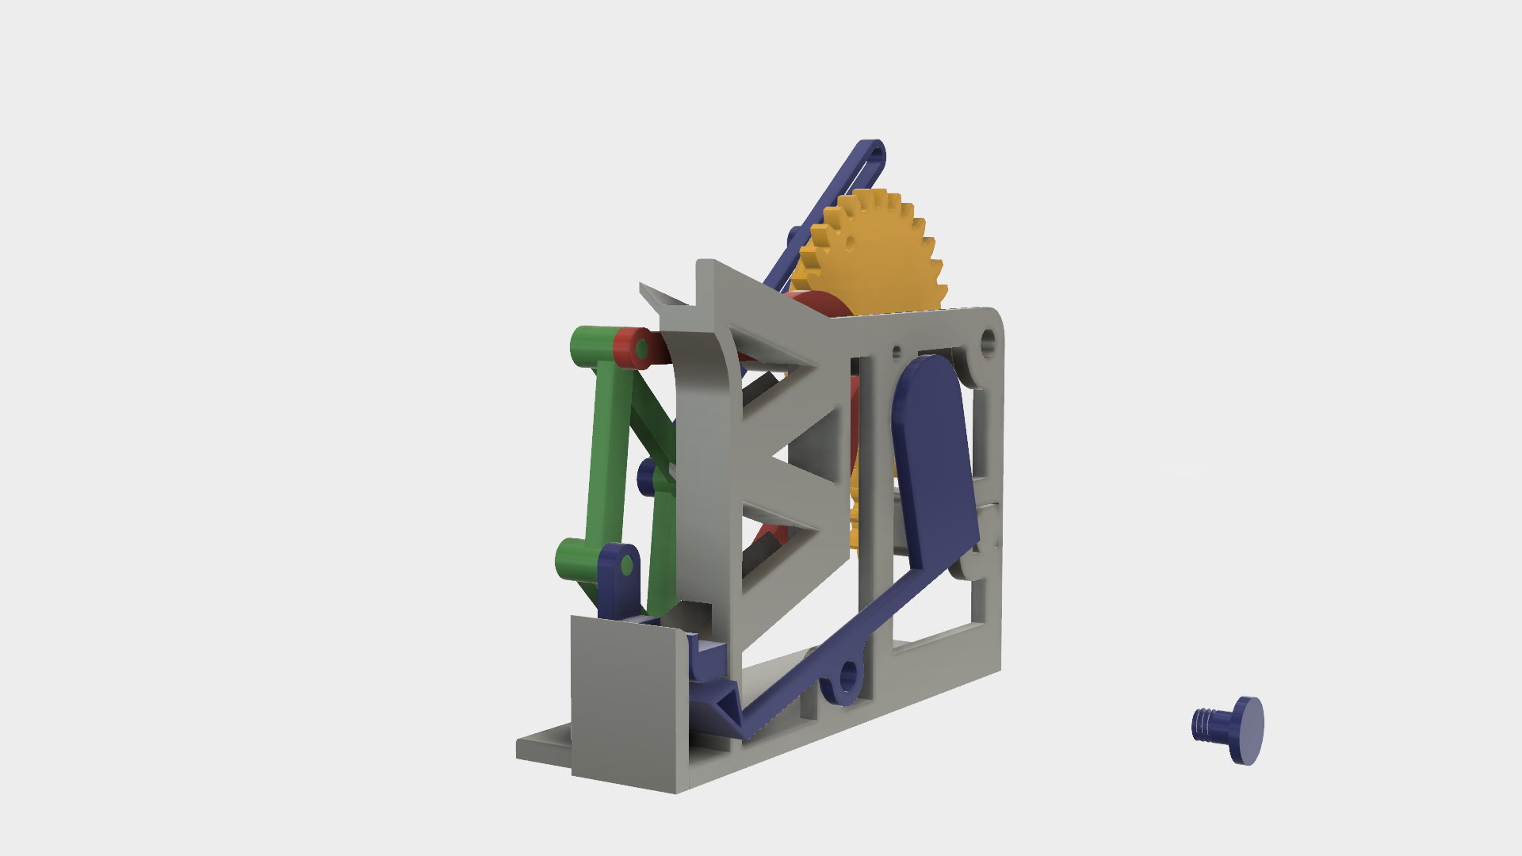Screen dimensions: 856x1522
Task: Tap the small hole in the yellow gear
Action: (850, 243)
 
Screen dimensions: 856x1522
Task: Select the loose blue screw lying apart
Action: (1229, 728)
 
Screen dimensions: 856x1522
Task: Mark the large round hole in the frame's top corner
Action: (989, 342)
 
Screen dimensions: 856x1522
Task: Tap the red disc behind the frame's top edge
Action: (816, 305)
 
